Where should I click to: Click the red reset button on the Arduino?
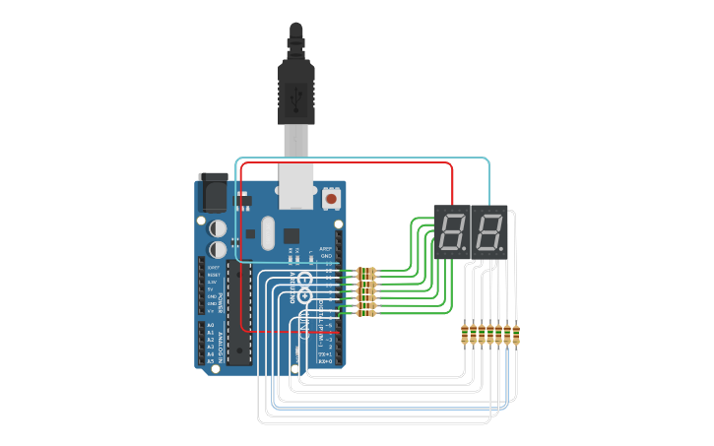(331, 199)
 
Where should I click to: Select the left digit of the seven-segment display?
(453, 232)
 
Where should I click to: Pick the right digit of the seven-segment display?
(487, 232)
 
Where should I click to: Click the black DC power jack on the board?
(212, 193)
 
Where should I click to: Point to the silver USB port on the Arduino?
(295, 186)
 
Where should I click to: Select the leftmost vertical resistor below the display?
(466, 336)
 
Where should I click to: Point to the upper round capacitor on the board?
(216, 226)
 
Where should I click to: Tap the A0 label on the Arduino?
(210, 324)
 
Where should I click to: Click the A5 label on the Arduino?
(210, 361)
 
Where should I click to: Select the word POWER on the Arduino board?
(222, 292)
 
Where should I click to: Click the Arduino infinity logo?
(305, 294)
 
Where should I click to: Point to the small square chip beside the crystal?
(292, 235)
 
